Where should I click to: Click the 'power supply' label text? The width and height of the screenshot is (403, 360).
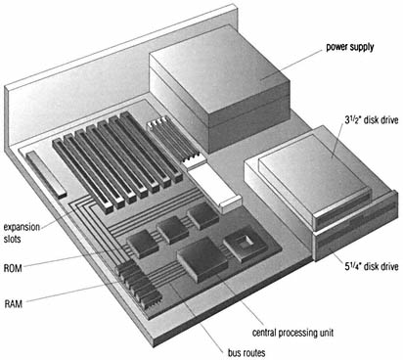click(350, 47)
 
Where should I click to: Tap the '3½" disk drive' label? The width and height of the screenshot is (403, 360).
click(372, 120)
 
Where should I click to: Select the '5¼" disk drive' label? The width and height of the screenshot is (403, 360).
click(372, 266)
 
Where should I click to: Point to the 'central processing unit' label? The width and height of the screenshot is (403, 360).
click(292, 333)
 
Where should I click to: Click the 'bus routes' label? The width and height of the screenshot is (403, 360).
click(246, 352)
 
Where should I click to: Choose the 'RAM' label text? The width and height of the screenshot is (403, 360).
click(14, 304)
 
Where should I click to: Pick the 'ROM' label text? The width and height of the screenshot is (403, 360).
click(13, 268)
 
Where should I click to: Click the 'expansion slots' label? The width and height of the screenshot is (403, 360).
click(22, 233)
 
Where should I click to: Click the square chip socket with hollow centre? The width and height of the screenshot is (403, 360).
click(246, 245)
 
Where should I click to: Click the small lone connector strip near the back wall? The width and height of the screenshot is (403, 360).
click(46, 175)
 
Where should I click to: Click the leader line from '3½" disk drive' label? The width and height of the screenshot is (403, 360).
click(337, 141)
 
